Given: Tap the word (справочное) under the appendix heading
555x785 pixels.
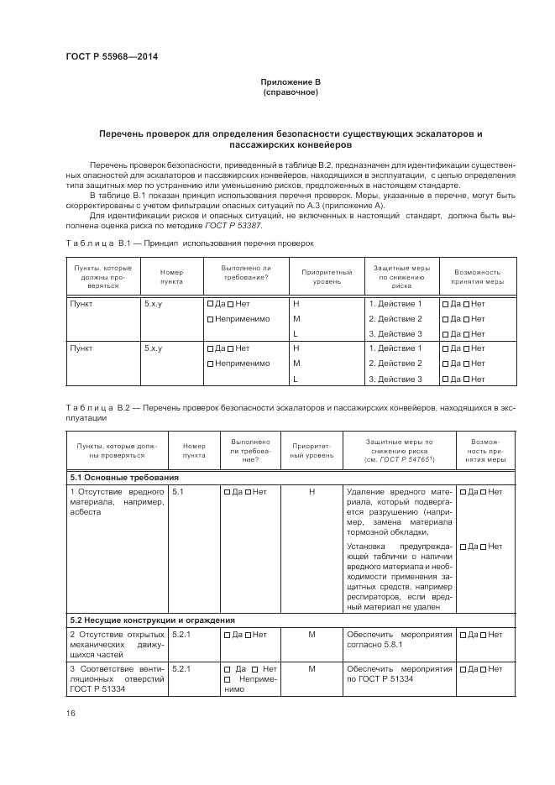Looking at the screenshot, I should [x=290, y=92].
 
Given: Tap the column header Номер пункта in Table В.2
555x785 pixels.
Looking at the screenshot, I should [x=194, y=451].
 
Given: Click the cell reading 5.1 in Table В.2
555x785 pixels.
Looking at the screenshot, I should [x=178, y=492].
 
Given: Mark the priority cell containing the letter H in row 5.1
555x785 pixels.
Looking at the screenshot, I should [x=312, y=492].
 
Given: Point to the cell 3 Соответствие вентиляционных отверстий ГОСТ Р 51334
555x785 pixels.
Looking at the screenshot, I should [x=117, y=678].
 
